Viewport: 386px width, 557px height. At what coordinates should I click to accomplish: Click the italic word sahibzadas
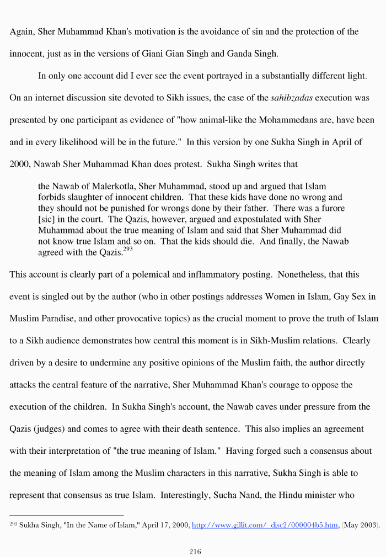tap(292, 98)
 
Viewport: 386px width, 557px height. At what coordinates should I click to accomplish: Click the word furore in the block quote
tap(331, 209)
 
